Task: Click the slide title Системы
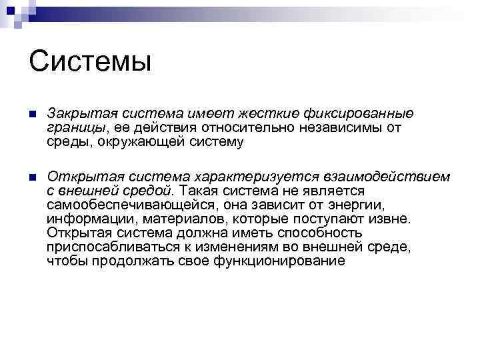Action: click(91, 62)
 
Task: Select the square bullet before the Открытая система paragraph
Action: click(34, 178)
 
